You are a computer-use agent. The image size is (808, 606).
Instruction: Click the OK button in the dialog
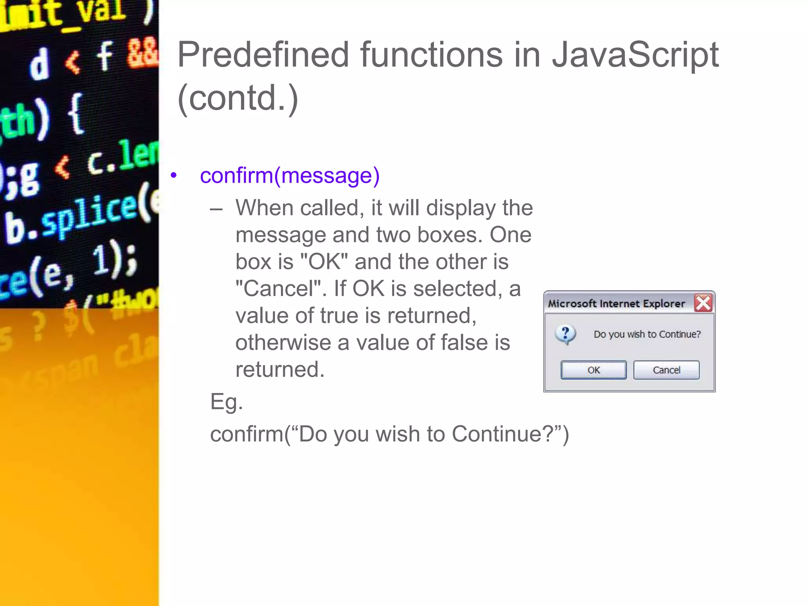(x=593, y=370)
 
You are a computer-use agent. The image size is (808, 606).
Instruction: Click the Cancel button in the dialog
(x=666, y=370)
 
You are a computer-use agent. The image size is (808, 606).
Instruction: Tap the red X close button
(x=703, y=303)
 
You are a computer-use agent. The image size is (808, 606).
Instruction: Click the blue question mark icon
(x=565, y=334)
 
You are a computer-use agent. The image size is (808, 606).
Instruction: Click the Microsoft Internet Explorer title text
(x=616, y=303)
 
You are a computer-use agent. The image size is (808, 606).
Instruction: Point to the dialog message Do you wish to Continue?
(x=647, y=334)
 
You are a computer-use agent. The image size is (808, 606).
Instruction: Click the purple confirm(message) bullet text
(x=290, y=175)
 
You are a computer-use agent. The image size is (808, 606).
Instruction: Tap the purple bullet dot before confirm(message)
(x=174, y=175)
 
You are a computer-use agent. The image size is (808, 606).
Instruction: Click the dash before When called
(x=216, y=209)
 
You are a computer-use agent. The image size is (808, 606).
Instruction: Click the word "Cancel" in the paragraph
(x=279, y=288)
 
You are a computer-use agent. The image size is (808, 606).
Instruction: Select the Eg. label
(x=226, y=402)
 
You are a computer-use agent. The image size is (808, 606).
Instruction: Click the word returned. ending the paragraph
(x=280, y=369)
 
